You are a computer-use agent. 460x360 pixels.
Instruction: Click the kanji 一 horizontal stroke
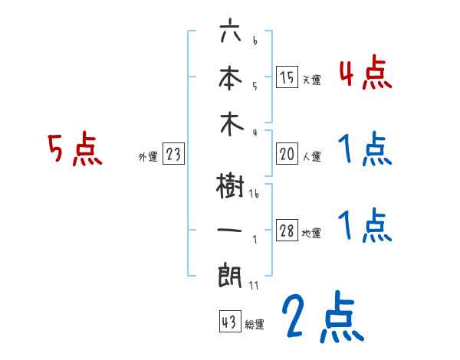coord(229,231)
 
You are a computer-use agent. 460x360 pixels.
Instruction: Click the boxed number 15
coord(287,77)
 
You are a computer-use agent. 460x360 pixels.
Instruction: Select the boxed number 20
coord(287,154)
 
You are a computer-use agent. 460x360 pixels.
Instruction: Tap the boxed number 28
coord(287,231)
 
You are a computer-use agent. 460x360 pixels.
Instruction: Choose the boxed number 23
coord(173,154)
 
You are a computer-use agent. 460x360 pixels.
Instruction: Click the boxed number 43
coord(228,322)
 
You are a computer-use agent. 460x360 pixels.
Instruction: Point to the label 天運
coord(311,80)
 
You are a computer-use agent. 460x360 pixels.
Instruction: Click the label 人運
coord(311,157)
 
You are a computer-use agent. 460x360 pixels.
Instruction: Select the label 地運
coord(311,234)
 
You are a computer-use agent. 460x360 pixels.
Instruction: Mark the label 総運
coord(255,325)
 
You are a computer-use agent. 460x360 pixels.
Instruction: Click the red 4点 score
coord(365,74)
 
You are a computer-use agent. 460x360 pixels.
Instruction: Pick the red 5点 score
coord(74,149)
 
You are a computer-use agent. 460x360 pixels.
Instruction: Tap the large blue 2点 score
coord(323,318)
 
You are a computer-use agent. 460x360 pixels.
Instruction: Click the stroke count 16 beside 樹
coord(254,195)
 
